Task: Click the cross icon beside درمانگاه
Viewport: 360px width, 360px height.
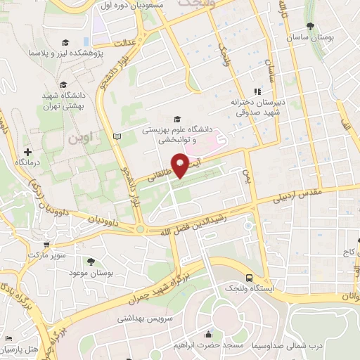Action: click(28, 151)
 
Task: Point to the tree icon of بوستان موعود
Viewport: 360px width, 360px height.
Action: click(102, 261)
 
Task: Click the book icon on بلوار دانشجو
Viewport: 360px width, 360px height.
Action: click(117, 135)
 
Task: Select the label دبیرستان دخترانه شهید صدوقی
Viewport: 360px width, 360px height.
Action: click(257, 106)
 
